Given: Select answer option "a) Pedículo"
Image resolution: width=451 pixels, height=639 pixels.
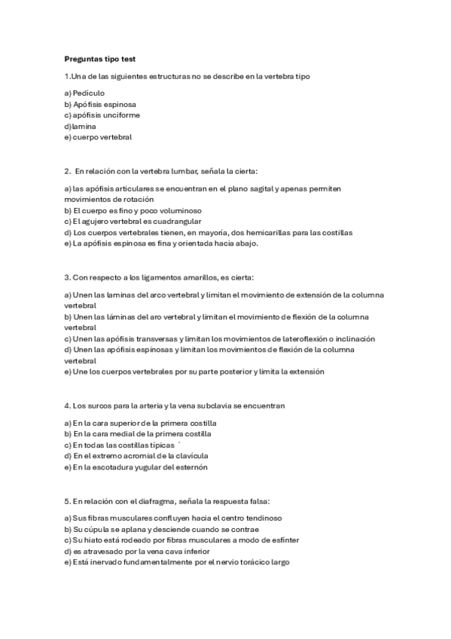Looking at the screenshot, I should (x=84, y=93).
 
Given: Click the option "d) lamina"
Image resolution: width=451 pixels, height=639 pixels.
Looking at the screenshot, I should (x=81, y=126).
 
